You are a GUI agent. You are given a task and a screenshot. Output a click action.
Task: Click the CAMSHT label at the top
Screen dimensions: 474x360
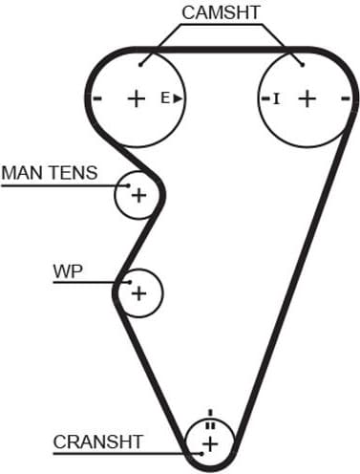tap(222, 12)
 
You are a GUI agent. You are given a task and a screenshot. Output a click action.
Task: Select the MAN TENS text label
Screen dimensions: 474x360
tap(50, 173)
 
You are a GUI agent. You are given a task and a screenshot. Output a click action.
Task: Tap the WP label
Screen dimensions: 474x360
tap(68, 270)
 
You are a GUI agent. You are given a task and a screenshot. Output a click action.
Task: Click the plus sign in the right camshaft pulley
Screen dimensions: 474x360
tap(307, 97)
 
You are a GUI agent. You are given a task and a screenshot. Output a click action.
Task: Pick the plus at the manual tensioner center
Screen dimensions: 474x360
tap(139, 196)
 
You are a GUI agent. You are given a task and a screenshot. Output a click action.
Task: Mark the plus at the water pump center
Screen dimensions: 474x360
tap(139, 291)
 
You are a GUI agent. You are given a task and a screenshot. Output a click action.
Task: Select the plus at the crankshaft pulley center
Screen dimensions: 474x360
tap(210, 442)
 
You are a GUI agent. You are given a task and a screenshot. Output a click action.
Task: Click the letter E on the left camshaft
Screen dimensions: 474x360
tap(164, 97)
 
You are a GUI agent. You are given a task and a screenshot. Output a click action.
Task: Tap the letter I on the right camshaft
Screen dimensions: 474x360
tap(277, 97)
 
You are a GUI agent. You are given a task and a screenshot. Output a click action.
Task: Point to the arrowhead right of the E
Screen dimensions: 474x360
tap(178, 97)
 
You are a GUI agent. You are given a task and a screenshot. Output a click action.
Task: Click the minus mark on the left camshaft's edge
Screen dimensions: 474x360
tap(97, 97)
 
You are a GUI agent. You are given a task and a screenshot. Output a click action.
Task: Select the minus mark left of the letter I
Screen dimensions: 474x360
tap(265, 97)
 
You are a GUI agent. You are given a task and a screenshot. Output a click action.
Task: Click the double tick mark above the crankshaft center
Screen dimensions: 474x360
tap(210, 424)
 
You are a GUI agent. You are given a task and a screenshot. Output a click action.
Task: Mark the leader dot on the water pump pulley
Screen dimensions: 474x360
tap(127, 282)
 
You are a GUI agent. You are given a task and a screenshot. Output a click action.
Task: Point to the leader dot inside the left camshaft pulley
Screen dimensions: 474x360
tap(140, 65)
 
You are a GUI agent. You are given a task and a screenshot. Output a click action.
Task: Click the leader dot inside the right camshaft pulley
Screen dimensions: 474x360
tap(303, 65)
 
